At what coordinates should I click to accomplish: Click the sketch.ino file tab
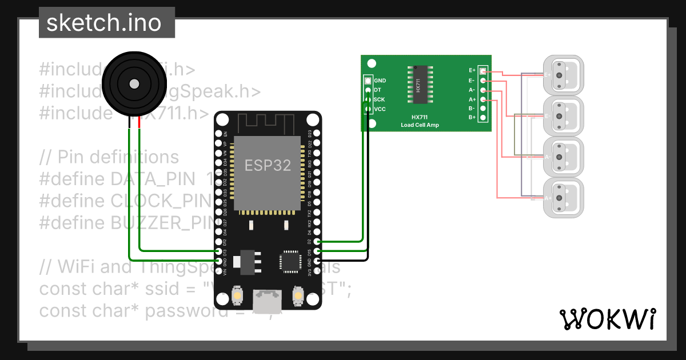(x=107, y=23)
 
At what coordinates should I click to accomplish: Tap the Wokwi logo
(x=608, y=319)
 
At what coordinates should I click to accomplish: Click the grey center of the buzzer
(x=134, y=84)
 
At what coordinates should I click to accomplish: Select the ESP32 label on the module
(x=268, y=165)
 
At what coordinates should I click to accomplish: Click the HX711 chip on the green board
(x=419, y=85)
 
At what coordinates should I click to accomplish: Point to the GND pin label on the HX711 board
(x=380, y=81)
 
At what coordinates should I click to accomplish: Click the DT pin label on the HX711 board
(x=377, y=90)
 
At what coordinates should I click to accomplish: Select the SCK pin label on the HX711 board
(x=379, y=99)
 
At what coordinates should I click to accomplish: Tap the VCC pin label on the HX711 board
(x=380, y=109)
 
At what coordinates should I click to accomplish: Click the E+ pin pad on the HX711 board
(x=483, y=71)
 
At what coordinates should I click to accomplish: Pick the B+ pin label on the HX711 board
(x=472, y=117)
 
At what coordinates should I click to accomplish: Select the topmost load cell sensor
(x=563, y=75)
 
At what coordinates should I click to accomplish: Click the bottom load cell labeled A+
(x=563, y=198)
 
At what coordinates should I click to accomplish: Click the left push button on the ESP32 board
(x=237, y=296)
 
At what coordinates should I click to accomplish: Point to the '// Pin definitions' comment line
(x=109, y=157)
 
